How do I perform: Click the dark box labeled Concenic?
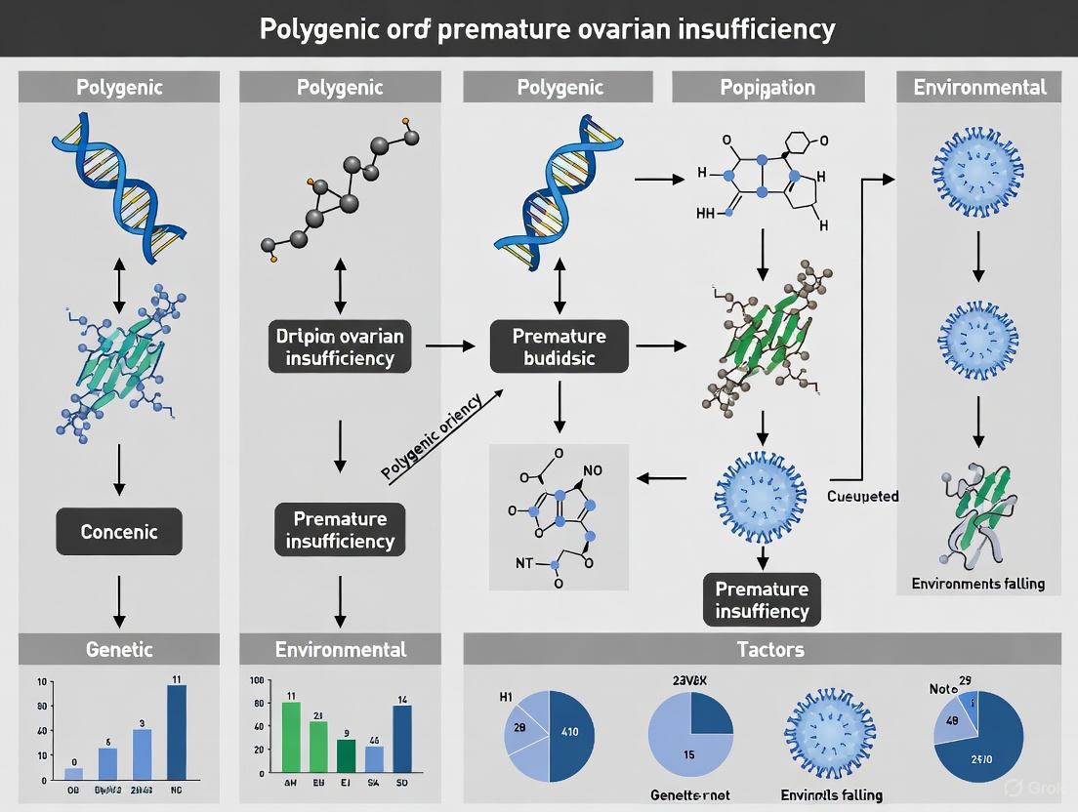(118, 532)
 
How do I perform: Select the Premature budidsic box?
(559, 346)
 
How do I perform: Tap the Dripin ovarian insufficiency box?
(340, 346)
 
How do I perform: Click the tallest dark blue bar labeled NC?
(177, 732)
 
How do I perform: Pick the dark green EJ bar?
(347, 756)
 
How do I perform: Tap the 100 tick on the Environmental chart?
(257, 680)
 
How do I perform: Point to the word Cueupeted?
(862, 497)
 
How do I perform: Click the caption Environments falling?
(977, 584)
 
